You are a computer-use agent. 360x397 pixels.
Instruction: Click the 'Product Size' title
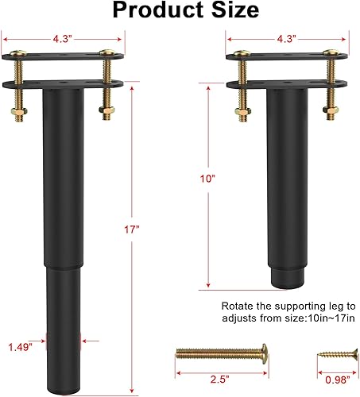point(185,10)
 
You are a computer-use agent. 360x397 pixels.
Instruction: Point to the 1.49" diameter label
point(20,346)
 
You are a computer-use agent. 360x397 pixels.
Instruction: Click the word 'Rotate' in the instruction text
point(236,305)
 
